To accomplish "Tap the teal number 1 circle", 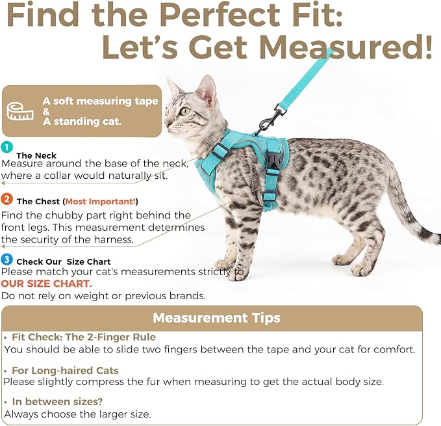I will coord(6,147).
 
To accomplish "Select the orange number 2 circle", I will coord(6,199).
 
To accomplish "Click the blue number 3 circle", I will coord(6,260).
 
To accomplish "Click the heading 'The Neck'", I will coord(36,155).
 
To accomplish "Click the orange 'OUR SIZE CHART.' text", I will coord(46,284).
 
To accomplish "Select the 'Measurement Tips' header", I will coord(216,317).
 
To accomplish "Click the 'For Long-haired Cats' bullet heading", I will coord(65,370).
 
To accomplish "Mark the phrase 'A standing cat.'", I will coord(82,122).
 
